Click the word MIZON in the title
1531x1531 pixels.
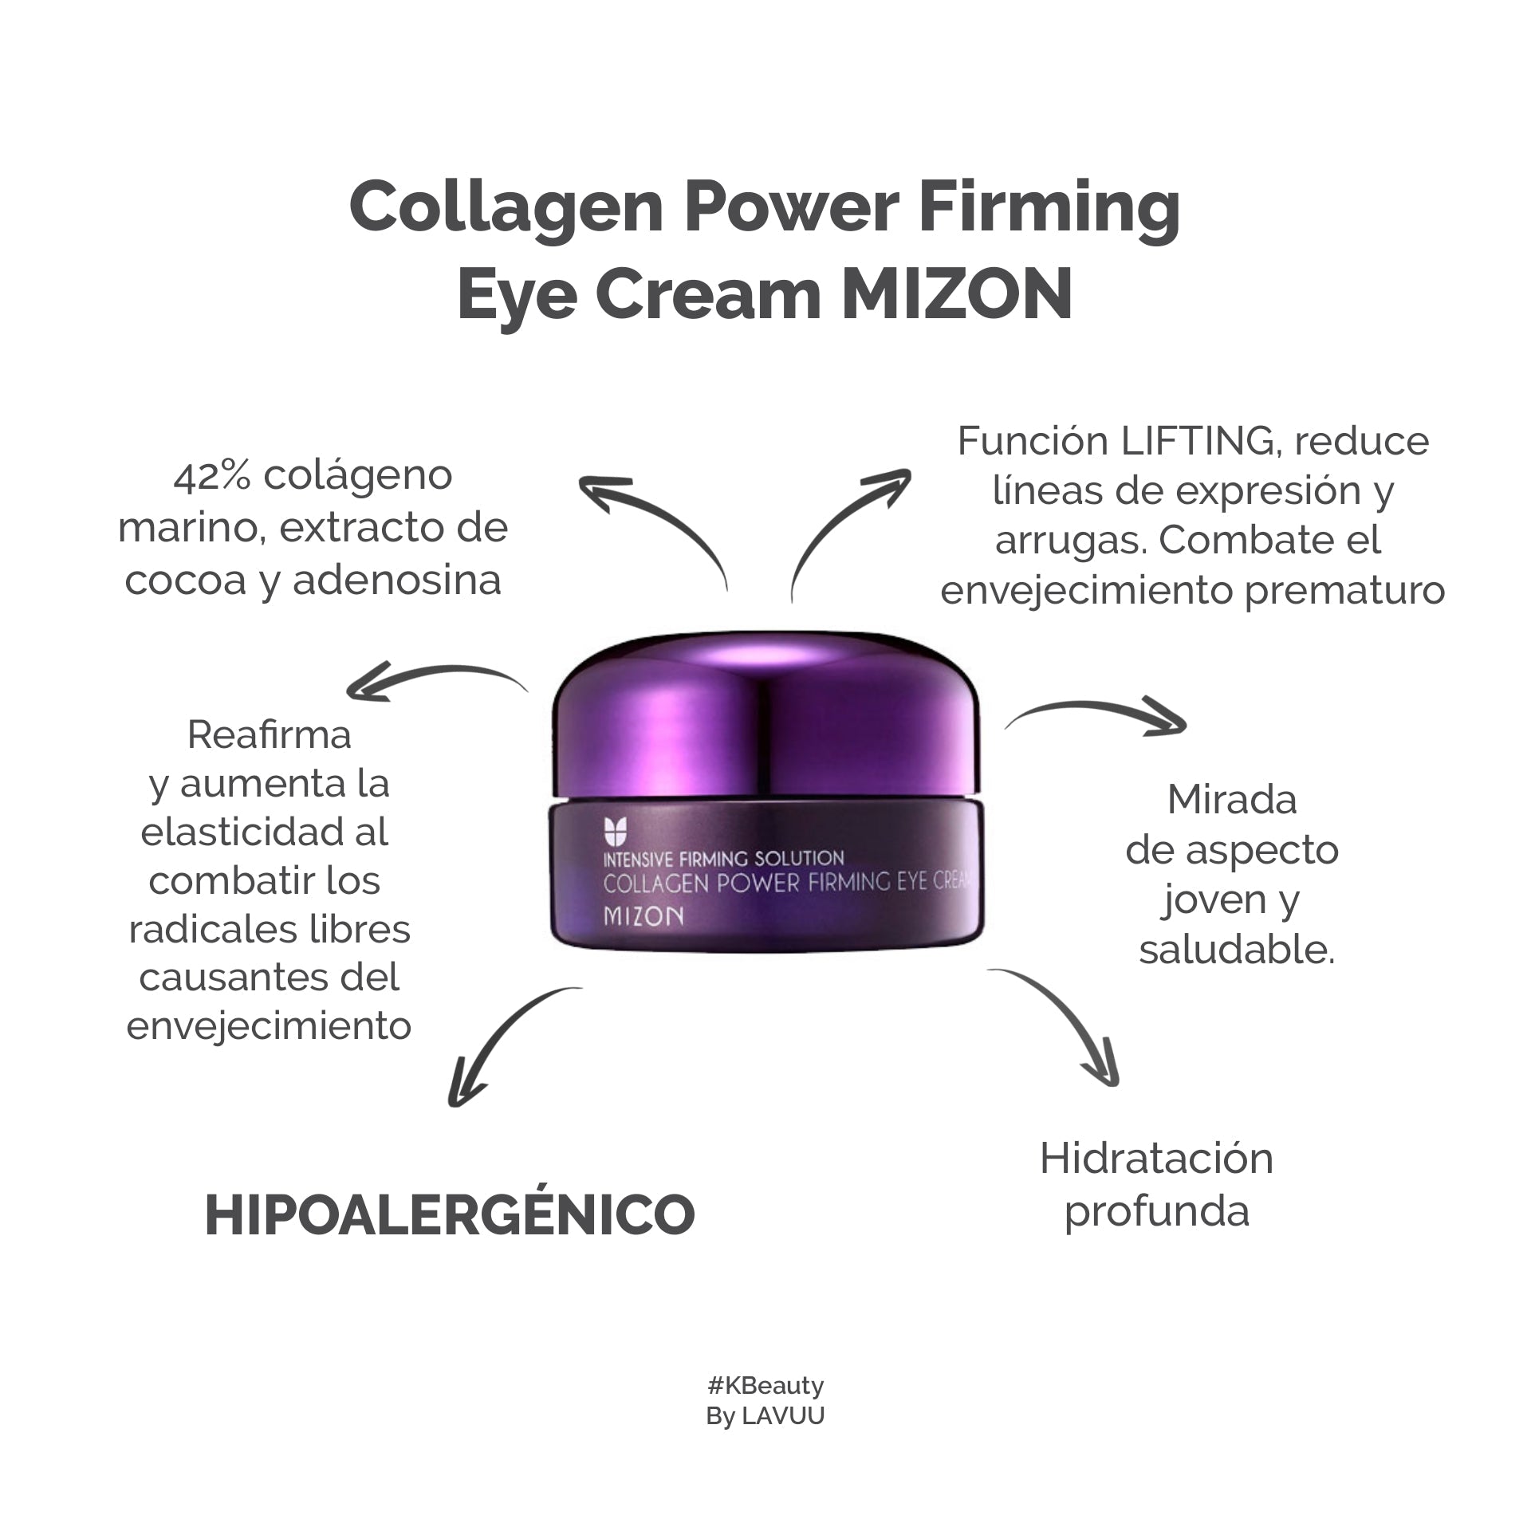pyautogui.click(x=957, y=293)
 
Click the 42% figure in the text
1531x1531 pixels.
pyautogui.click(x=211, y=476)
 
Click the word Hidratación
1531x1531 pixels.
pyautogui.click(x=1156, y=1159)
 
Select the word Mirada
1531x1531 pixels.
pyautogui.click(x=1232, y=800)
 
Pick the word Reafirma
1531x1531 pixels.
pyautogui.click(x=270, y=734)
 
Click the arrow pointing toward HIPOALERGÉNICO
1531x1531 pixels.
pyautogui.click(x=502, y=1037)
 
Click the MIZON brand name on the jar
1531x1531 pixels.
pyautogui.click(x=643, y=916)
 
